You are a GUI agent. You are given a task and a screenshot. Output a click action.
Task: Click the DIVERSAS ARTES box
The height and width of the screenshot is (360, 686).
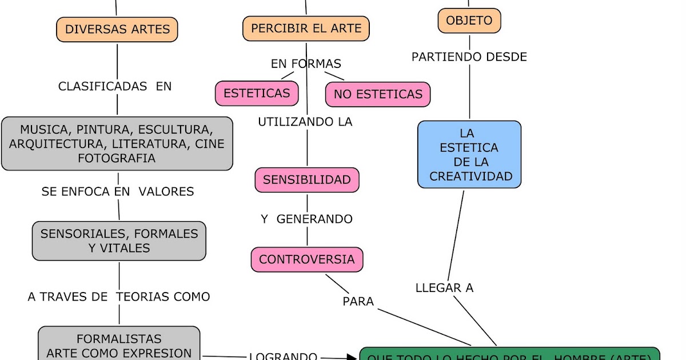pyautogui.click(x=117, y=30)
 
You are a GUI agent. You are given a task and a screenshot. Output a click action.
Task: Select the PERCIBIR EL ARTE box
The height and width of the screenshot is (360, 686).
pyautogui.click(x=306, y=29)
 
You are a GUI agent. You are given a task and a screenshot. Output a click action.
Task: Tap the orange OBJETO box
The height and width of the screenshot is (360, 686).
pyautogui.click(x=469, y=21)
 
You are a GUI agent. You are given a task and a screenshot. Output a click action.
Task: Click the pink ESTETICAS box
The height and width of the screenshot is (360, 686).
pyautogui.click(x=257, y=93)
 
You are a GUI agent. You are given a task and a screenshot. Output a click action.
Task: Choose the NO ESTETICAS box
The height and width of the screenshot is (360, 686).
pyautogui.click(x=378, y=94)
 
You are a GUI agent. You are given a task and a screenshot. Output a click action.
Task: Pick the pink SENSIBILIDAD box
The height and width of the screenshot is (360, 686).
pyautogui.click(x=307, y=180)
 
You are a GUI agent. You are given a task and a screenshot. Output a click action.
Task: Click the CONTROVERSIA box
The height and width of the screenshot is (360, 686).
pyautogui.click(x=307, y=259)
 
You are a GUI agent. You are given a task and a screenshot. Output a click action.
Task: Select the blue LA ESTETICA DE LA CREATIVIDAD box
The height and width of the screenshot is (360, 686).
pyautogui.click(x=469, y=154)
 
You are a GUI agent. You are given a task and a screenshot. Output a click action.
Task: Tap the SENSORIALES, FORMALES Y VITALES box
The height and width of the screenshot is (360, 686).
pyautogui.click(x=119, y=241)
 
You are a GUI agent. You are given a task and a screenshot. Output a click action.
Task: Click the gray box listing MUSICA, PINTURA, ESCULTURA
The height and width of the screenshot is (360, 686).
pyautogui.click(x=117, y=143)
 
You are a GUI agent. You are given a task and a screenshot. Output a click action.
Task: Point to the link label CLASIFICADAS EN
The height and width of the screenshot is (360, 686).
pyautogui.click(x=115, y=86)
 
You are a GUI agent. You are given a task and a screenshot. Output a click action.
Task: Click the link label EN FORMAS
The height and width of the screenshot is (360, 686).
pyautogui.click(x=306, y=64)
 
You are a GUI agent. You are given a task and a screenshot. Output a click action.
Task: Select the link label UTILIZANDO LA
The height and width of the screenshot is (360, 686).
pyautogui.click(x=305, y=122)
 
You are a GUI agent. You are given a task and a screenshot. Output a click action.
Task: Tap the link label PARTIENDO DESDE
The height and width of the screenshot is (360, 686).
pyautogui.click(x=469, y=57)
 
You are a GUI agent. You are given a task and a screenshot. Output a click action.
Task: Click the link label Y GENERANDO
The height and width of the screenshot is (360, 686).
pyautogui.click(x=306, y=219)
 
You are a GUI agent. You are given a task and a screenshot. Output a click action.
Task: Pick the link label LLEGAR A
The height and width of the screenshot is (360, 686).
pyautogui.click(x=444, y=288)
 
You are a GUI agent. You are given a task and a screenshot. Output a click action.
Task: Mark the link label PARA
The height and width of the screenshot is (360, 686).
pyautogui.click(x=358, y=301)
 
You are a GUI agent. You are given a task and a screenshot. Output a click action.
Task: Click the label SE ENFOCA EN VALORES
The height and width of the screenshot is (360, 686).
pyautogui.click(x=118, y=191)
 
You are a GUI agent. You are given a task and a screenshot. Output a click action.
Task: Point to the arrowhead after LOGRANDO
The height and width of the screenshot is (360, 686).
pyautogui.click(x=351, y=358)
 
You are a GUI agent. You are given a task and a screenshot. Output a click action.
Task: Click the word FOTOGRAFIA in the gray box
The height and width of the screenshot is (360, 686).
pyautogui.click(x=117, y=158)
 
